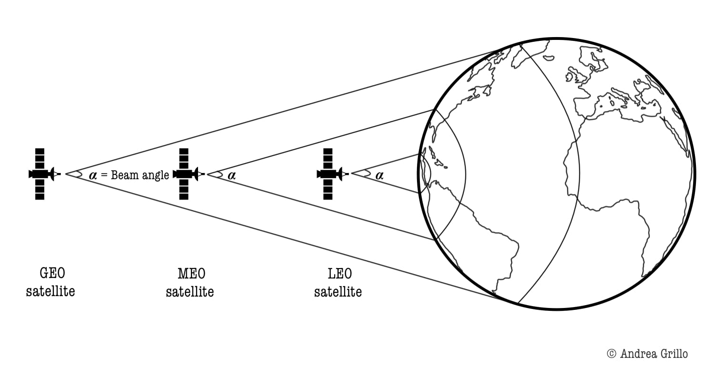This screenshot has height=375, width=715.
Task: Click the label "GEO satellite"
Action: coord(50,282)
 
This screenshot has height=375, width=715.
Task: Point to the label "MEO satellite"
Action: coord(190,282)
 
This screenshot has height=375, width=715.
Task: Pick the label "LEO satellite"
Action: coord(338,282)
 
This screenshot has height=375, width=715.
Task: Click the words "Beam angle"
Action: coord(140,175)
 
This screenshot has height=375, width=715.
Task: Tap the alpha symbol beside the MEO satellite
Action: coord(232,175)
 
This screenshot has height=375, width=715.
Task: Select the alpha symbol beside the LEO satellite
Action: coord(379,175)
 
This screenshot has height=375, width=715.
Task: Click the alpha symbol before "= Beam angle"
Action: coord(93,175)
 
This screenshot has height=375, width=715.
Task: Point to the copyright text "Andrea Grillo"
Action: coord(654,354)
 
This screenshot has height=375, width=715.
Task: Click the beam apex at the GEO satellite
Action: coord(66,174)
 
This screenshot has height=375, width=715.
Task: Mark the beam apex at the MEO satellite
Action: coord(208,174)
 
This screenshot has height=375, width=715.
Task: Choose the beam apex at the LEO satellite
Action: coord(352,174)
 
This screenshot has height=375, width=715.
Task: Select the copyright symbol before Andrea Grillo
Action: coord(612,354)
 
